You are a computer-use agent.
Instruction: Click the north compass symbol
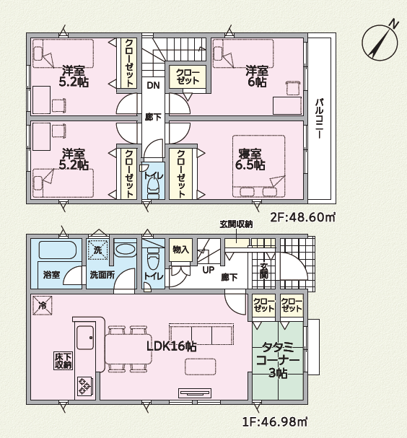(x=380, y=42)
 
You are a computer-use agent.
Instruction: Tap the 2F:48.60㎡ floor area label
(x=302, y=216)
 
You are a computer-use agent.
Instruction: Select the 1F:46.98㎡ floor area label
(x=275, y=421)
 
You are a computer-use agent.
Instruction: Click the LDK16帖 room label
(x=171, y=346)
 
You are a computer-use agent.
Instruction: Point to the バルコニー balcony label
(x=319, y=118)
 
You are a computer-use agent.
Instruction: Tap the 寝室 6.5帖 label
(x=250, y=159)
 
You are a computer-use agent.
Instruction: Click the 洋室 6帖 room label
(x=257, y=76)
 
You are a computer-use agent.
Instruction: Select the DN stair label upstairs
(x=153, y=85)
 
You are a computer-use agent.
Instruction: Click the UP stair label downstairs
(x=208, y=270)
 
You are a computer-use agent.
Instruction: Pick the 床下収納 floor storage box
(x=63, y=361)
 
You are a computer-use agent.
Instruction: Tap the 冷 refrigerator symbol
(x=42, y=305)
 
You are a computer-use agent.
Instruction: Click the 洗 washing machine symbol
(x=97, y=250)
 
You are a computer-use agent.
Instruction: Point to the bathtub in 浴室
(x=58, y=250)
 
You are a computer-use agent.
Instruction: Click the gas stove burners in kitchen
(x=84, y=386)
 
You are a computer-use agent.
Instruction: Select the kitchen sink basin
(x=85, y=338)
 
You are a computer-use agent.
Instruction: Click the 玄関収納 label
(x=236, y=224)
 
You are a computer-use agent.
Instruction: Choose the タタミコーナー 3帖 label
(x=278, y=360)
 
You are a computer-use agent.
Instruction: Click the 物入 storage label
(x=180, y=250)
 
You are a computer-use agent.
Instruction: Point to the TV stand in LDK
(x=195, y=393)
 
